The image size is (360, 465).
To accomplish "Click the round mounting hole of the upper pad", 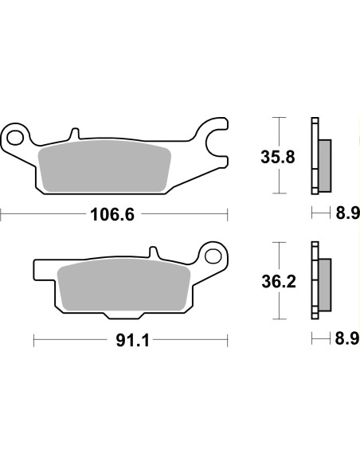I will (14, 135).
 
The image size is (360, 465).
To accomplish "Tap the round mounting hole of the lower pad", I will (213, 256).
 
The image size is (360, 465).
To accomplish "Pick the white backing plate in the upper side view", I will (315, 155).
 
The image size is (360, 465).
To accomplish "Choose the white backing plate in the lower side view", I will (315, 280).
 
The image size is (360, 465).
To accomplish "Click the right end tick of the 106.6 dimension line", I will (228, 213).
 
